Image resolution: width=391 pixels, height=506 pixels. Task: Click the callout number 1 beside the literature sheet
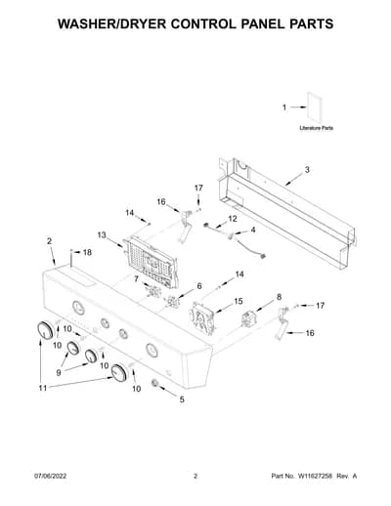coord(284,107)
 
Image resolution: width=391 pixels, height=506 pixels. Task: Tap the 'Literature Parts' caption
coord(316,128)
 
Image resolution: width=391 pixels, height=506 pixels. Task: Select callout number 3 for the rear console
coord(307,170)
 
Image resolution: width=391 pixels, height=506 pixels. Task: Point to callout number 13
coord(102,234)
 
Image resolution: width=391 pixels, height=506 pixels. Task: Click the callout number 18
coord(87,252)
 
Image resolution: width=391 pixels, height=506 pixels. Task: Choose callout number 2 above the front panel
coord(49,241)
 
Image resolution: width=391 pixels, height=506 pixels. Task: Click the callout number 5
coord(182,400)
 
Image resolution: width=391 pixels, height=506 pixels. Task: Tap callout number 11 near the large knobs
coord(43,388)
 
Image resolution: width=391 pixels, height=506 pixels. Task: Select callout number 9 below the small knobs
coord(59,372)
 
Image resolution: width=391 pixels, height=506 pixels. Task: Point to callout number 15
coord(239,301)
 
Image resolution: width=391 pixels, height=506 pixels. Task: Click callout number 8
coord(279,297)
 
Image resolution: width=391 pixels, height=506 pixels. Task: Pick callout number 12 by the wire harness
coord(233,219)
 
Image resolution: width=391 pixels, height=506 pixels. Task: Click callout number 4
coord(253,230)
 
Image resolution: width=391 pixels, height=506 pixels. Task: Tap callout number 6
coord(199,286)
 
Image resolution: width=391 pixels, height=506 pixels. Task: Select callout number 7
coord(136,278)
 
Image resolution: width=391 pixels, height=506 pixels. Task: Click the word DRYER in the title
coord(141,24)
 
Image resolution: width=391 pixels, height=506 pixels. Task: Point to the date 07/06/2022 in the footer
coord(51,476)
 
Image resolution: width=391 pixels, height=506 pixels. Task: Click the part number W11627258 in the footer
coord(315,476)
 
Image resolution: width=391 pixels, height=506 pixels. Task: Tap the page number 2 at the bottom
coord(195,476)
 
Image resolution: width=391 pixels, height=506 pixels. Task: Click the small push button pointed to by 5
coord(155,383)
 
